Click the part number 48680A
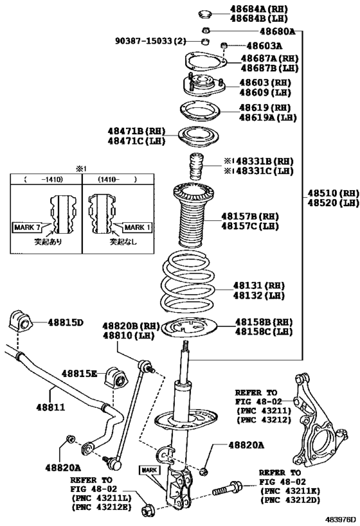[x=277, y=31]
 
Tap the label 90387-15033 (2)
[x=150, y=41]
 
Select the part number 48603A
[x=264, y=46]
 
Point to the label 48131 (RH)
[x=259, y=286]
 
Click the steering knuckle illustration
[x=316, y=419]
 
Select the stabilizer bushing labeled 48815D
[x=20, y=322]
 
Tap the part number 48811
[x=51, y=407]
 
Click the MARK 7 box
[x=28, y=227]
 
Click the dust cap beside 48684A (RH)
[x=204, y=14]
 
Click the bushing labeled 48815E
[x=117, y=378]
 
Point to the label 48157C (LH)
[x=250, y=226]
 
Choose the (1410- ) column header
[x=117, y=179]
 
